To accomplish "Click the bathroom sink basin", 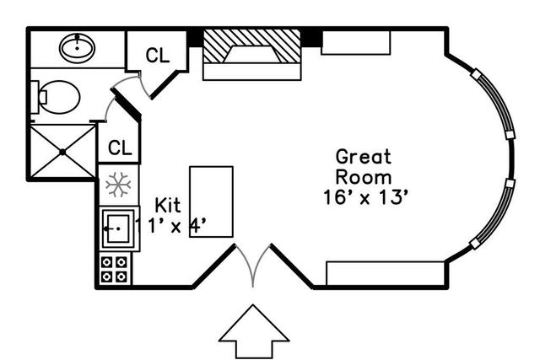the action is [x=77, y=48].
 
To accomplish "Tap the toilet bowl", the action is [x=59, y=98].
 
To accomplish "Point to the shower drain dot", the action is [x=62, y=152].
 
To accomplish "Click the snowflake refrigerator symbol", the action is [x=118, y=185].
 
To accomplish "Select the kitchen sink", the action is [x=119, y=228].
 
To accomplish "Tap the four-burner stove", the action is [x=114, y=269].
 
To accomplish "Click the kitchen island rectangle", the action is [x=212, y=201].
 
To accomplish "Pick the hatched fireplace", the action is [x=252, y=46].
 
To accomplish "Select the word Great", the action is [x=364, y=157].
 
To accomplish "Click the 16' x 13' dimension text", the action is [x=365, y=197].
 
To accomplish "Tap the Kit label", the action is [x=168, y=206].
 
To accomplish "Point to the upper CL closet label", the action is [x=158, y=55].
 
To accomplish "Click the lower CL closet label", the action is [x=120, y=148].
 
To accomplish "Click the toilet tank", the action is [x=35, y=97].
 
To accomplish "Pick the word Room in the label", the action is [x=364, y=178].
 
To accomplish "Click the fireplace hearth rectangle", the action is [x=252, y=72].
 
